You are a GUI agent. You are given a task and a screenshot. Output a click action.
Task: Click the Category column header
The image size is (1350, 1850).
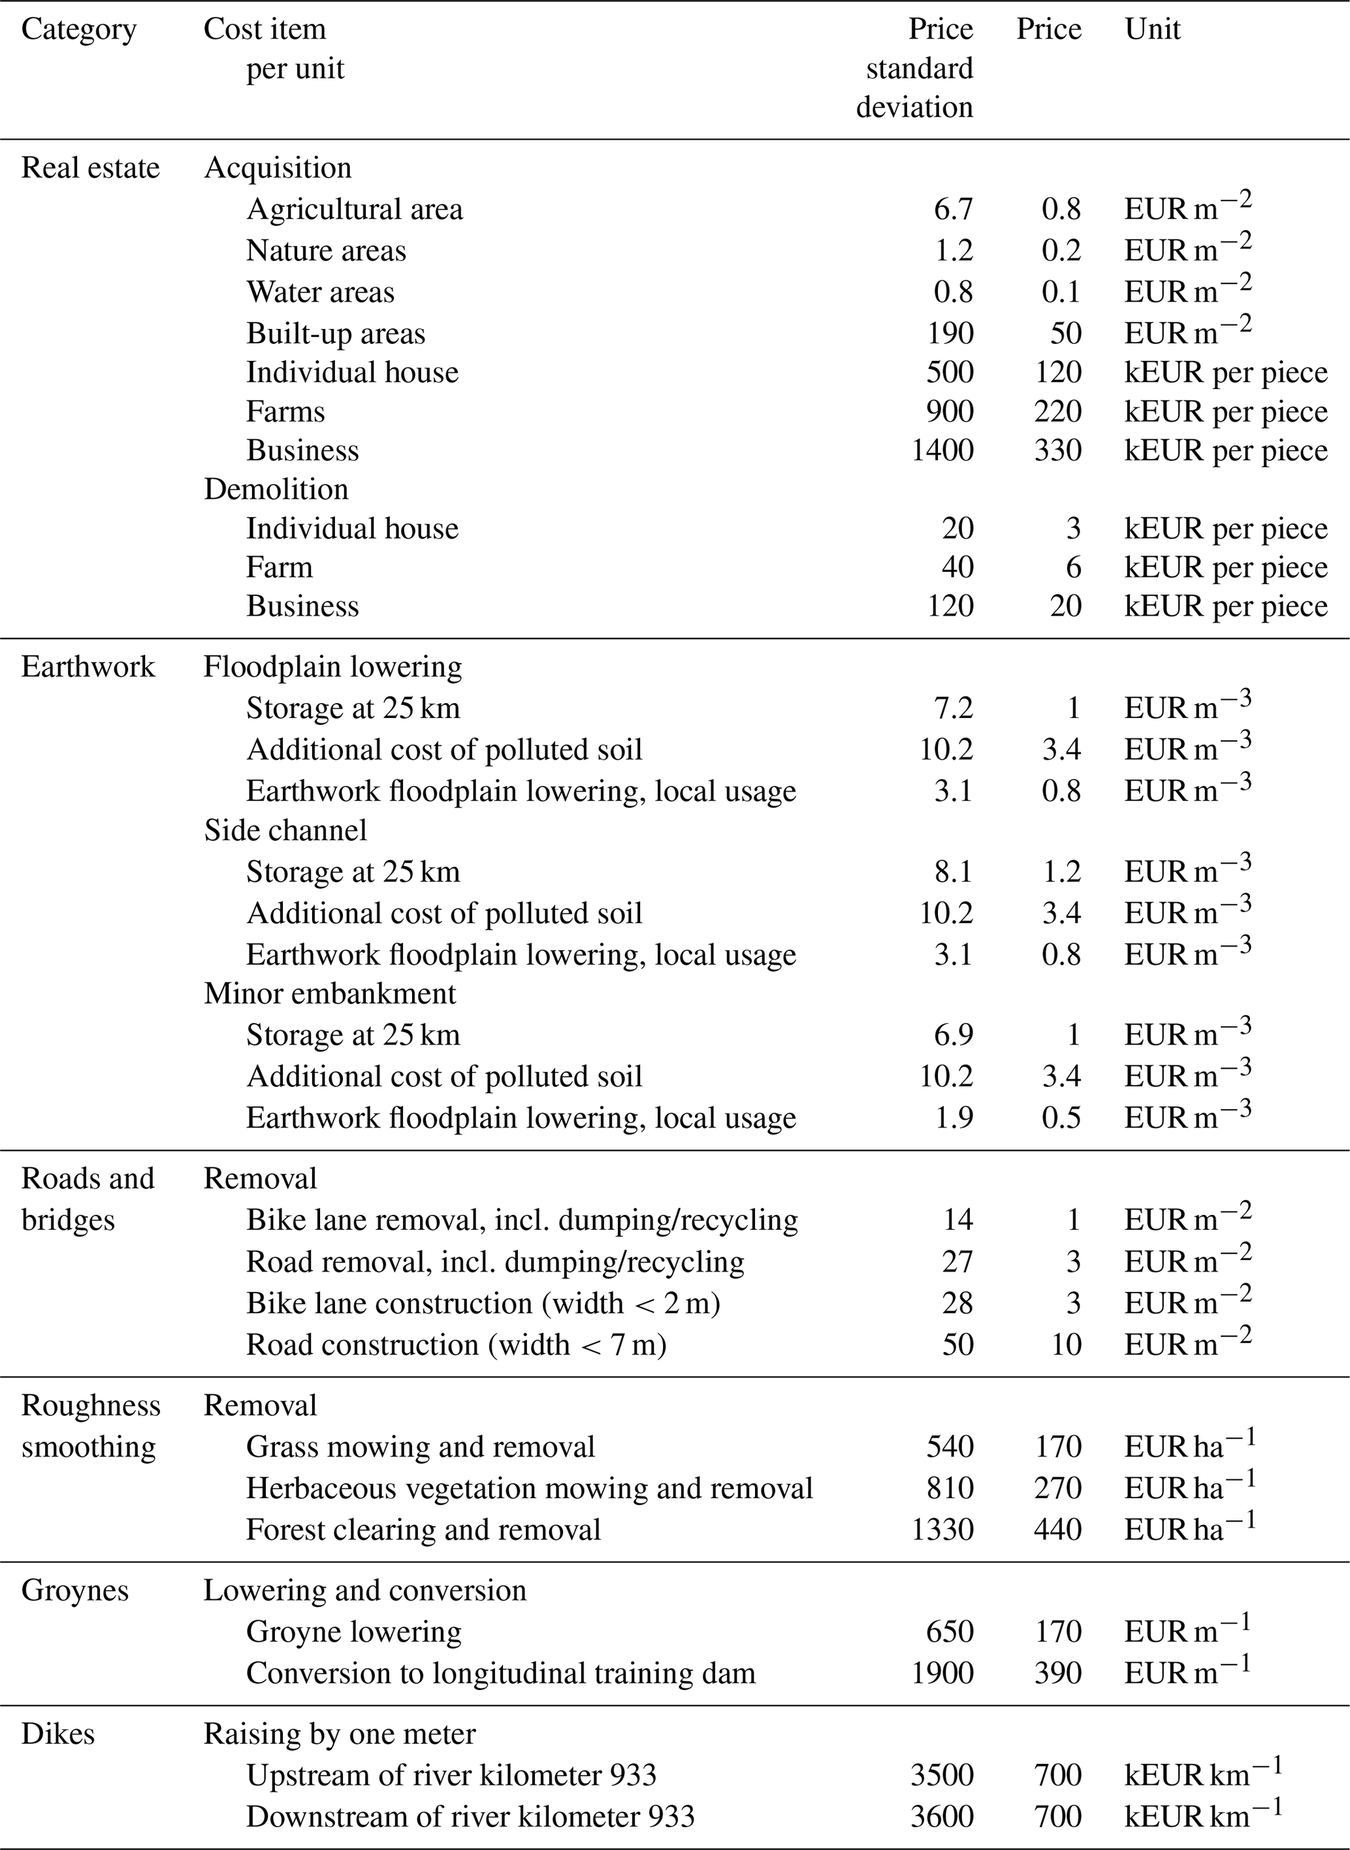pos(78,29)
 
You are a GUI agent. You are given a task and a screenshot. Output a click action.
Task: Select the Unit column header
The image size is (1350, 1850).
pos(1152,29)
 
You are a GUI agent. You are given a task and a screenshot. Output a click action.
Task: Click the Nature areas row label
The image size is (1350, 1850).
pos(326,251)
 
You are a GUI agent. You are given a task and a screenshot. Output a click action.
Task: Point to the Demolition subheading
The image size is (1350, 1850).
pos(276,489)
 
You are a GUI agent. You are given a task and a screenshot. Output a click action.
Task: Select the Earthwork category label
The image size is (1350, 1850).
pos(88,666)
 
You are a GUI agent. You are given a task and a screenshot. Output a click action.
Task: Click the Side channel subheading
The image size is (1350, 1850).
pos(285,830)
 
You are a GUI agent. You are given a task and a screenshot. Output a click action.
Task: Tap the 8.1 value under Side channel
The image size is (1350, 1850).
pos(953,871)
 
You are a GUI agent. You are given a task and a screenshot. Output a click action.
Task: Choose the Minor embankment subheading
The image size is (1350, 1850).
pos(329,994)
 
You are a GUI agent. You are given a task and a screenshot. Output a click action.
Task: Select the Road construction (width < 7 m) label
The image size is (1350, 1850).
pos(456,1344)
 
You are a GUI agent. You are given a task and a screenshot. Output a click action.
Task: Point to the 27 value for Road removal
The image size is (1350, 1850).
pos(957,1262)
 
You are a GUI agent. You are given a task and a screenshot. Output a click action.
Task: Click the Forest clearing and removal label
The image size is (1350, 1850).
pos(423,1530)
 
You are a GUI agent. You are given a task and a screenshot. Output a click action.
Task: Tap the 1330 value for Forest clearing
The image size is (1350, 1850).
pos(942,1530)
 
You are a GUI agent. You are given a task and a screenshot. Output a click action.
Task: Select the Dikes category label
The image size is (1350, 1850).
pos(57,1734)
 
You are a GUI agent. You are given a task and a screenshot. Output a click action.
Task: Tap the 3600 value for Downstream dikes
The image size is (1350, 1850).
pos(942,1817)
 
